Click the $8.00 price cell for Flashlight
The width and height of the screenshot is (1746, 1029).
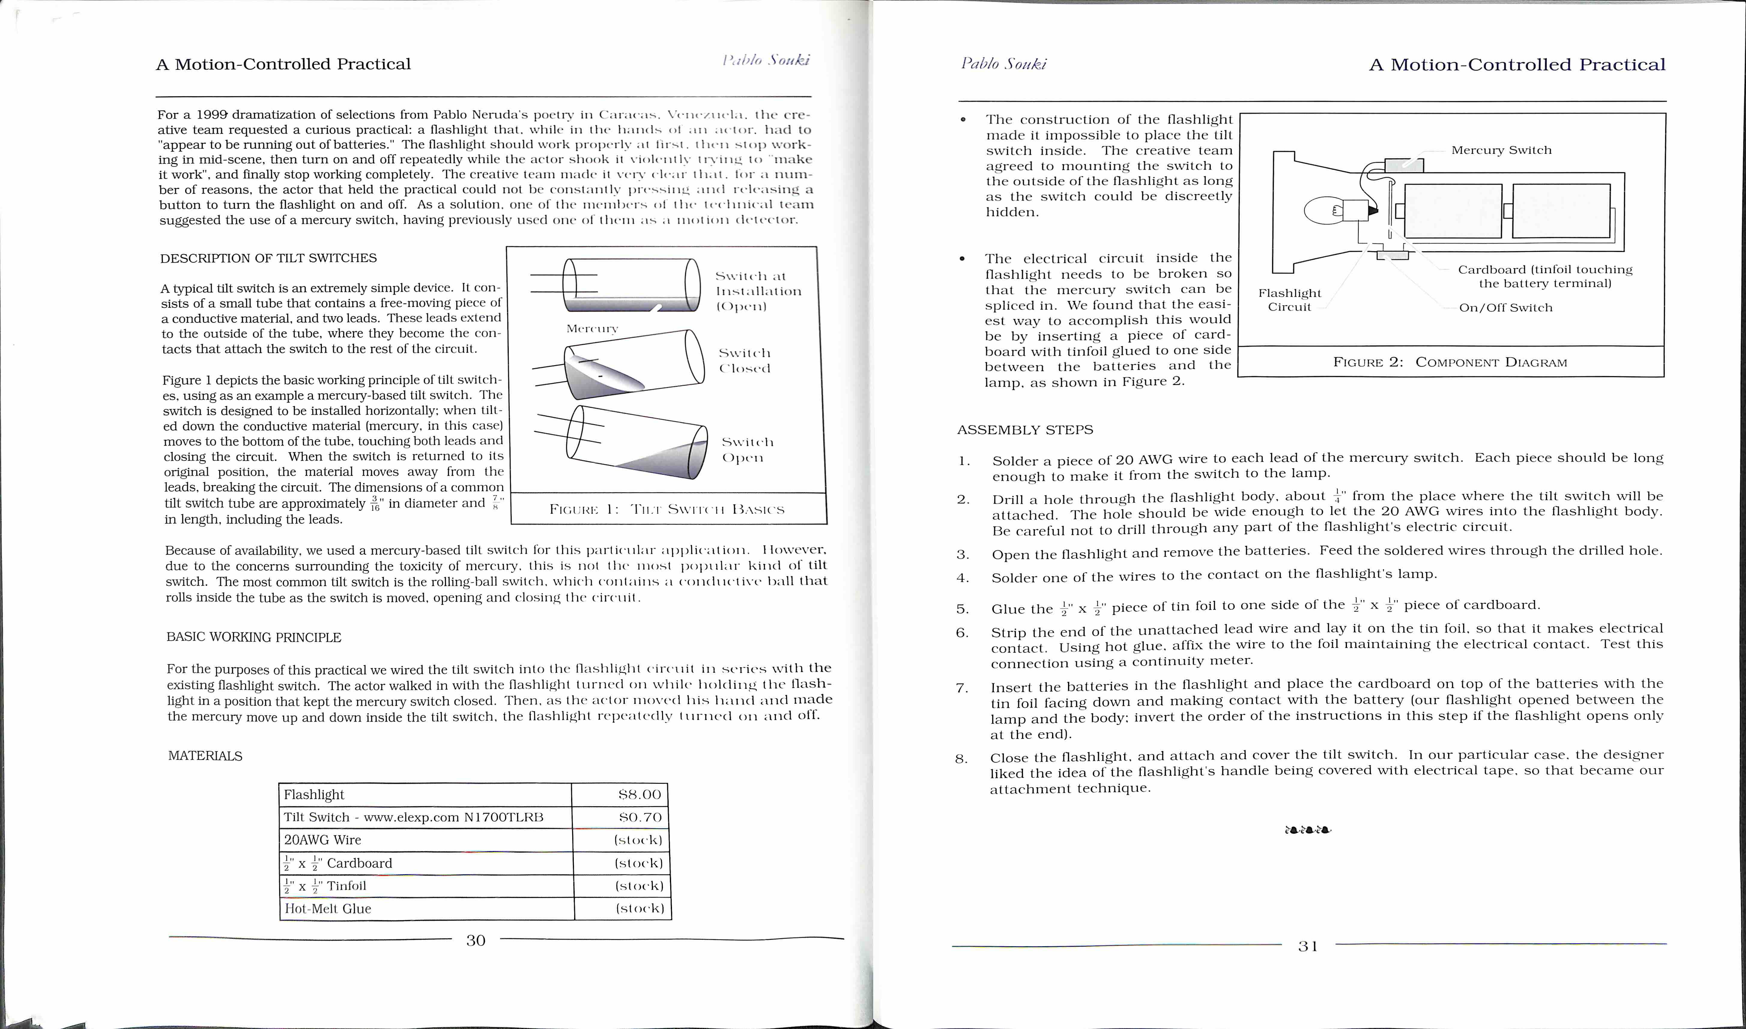tap(639, 795)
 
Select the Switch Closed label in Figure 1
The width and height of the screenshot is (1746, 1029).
tap(744, 361)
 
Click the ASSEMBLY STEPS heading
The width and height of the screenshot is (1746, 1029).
tap(1025, 430)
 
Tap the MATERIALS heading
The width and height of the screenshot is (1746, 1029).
tap(205, 756)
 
